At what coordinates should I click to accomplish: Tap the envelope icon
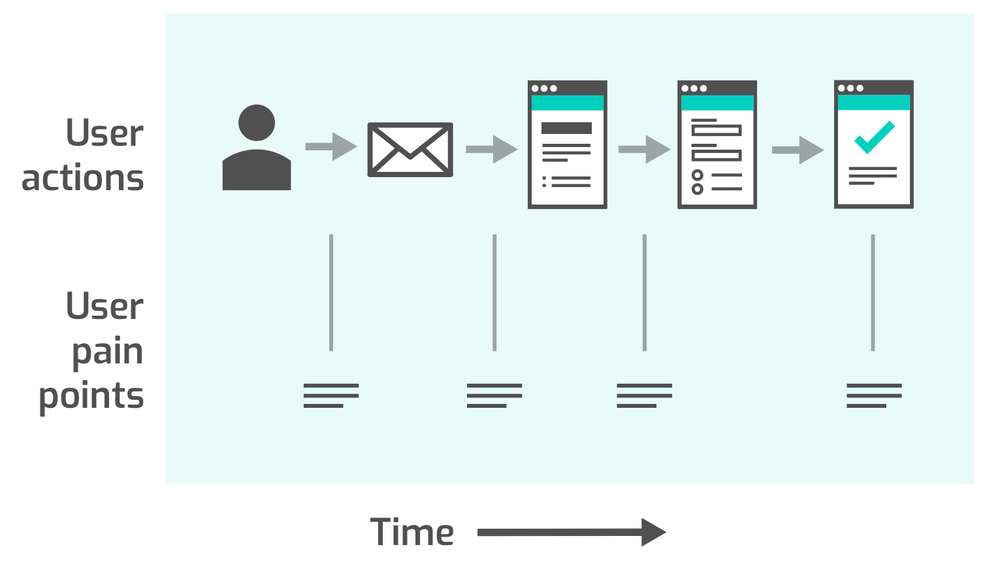(410, 150)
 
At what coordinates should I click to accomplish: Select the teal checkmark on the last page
(874, 137)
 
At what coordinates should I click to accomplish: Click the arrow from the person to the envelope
(331, 146)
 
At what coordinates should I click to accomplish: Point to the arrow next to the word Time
(572, 532)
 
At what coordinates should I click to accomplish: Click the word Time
(412, 532)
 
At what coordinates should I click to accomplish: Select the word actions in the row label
(83, 178)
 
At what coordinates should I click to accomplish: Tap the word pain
(107, 352)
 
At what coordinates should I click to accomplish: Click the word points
(91, 396)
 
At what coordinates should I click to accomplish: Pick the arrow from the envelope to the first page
(492, 150)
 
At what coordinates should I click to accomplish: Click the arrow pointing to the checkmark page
(798, 150)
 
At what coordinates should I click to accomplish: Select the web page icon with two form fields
(717, 145)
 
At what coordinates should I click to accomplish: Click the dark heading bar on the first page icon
(566, 128)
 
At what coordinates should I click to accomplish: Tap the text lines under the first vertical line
(331, 395)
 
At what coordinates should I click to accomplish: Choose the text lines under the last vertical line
(874, 395)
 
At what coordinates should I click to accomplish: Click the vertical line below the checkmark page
(873, 292)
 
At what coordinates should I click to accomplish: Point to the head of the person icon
(257, 123)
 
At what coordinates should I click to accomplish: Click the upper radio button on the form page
(698, 175)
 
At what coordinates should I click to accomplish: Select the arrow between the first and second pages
(644, 150)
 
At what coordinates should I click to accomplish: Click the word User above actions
(105, 133)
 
